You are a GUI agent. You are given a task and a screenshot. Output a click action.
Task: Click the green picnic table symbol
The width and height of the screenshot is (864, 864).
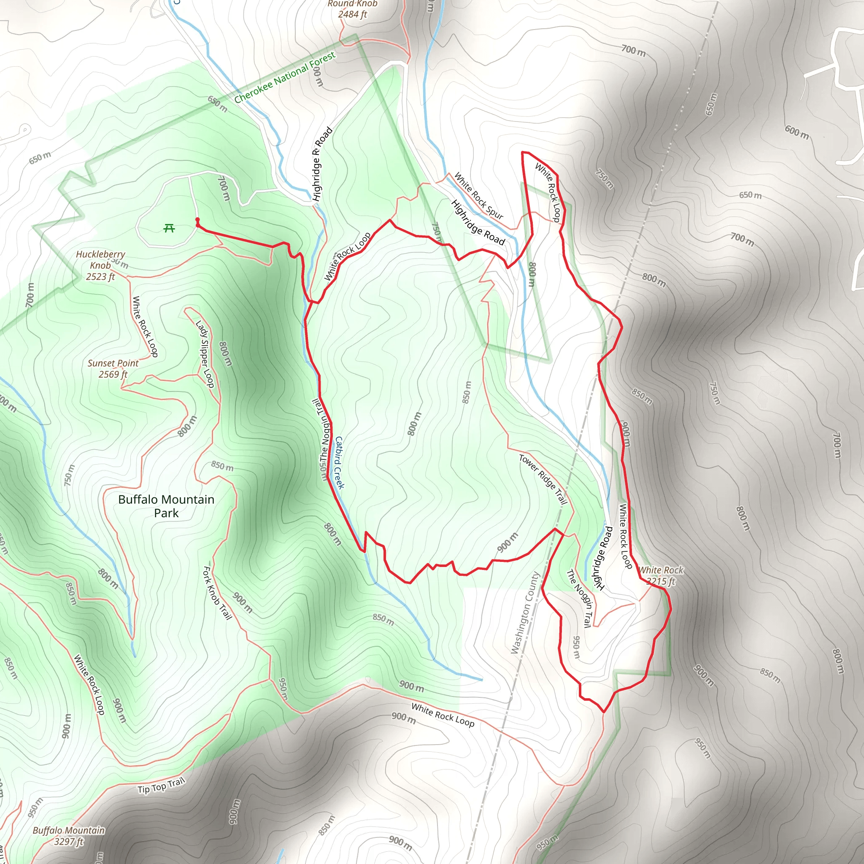(169, 229)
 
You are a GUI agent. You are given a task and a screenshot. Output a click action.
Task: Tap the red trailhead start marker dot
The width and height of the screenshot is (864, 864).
(197, 219)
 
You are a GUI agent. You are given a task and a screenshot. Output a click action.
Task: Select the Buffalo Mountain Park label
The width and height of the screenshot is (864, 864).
(166, 506)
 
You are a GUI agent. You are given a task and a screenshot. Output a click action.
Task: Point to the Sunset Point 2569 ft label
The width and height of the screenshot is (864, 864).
(113, 368)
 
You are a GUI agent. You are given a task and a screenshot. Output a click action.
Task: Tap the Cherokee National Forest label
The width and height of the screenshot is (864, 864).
(285, 77)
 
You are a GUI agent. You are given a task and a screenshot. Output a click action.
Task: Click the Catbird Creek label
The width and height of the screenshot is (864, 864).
(340, 462)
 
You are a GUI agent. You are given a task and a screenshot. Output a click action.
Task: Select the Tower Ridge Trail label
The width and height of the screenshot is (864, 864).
(543, 479)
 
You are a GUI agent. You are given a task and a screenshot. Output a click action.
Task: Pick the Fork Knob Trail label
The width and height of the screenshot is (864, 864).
(217, 593)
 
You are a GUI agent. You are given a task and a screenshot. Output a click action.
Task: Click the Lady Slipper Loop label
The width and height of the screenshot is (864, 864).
(205, 354)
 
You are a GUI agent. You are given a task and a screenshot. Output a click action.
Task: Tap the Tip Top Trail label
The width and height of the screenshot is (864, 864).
(161, 786)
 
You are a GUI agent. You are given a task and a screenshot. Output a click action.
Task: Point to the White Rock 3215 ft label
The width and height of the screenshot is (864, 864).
(661, 575)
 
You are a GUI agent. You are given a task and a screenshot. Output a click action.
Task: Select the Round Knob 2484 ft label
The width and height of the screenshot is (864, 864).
(352, 9)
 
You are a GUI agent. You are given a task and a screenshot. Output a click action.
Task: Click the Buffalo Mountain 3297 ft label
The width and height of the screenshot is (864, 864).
(69, 836)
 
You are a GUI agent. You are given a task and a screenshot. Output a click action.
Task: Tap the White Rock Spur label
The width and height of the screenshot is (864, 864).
(478, 195)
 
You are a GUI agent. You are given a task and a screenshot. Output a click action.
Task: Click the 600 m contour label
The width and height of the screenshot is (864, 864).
(796, 132)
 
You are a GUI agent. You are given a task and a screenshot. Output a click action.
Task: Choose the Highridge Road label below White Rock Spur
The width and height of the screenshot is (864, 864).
(478, 223)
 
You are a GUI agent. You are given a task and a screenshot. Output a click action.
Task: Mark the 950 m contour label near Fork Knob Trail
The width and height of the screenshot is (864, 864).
(283, 688)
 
